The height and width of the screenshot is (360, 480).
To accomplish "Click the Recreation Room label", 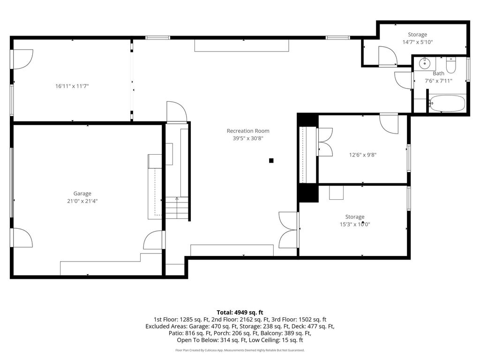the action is pyautogui.click(x=248, y=131).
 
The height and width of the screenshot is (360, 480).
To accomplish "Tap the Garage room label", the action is pyautogui.click(x=82, y=194).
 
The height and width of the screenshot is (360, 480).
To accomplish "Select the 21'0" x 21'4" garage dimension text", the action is pyautogui.click(x=82, y=201).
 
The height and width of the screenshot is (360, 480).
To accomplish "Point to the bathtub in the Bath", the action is pyautogui.click(x=447, y=104).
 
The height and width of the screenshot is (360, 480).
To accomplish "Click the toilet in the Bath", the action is pyautogui.click(x=451, y=65).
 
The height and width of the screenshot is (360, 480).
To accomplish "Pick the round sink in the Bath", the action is pyautogui.click(x=425, y=63).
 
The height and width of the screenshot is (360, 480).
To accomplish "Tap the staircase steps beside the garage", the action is pyautogui.click(x=177, y=208).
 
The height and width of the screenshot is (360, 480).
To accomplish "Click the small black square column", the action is pyautogui.click(x=271, y=160).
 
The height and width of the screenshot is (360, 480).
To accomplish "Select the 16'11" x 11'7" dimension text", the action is pyautogui.click(x=72, y=86).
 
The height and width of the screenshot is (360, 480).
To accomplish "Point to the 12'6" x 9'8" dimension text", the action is pyautogui.click(x=363, y=155).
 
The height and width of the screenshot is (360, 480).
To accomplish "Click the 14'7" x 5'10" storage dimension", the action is pyautogui.click(x=418, y=42).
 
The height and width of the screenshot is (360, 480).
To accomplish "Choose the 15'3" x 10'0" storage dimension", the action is pyautogui.click(x=355, y=225).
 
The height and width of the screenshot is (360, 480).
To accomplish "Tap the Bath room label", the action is pyautogui.click(x=438, y=74).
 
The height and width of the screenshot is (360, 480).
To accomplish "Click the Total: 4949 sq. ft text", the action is pyautogui.click(x=240, y=313).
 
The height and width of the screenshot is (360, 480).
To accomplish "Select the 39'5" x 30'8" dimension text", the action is pyautogui.click(x=248, y=138).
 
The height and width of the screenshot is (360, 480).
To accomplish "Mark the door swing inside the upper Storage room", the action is pyautogui.click(x=388, y=56).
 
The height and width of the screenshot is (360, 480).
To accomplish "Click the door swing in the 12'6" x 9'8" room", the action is pyautogui.click(x=389, y=124).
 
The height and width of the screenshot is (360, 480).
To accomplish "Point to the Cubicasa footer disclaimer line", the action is pyautogui.click(x=240, y=350).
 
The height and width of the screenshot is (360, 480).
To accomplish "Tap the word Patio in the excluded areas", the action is pyautogui.click(x=175, y=333).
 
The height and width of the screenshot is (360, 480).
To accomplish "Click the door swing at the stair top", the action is pyautogui.click(x=177, y=112).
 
